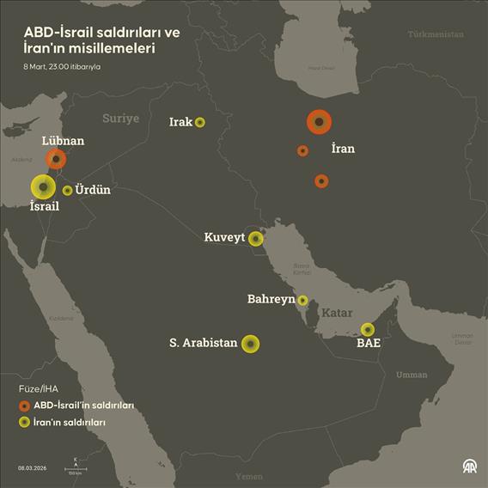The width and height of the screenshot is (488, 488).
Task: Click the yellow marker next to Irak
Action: (200, 122)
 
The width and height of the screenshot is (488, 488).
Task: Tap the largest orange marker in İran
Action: (319, 123)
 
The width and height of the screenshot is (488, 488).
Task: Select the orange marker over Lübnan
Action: (57, 159)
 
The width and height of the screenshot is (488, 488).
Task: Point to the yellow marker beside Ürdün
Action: (67, 191)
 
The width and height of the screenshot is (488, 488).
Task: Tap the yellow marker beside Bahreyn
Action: (302, 301)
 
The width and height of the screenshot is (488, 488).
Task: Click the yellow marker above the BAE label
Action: (368, 329)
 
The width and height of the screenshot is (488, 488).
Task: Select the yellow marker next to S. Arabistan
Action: (249, 344)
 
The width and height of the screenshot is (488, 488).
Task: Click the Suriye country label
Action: (120, 119)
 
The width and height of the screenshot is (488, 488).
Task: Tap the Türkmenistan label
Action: (436, 34)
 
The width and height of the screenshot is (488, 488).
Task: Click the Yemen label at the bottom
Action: (249, 476)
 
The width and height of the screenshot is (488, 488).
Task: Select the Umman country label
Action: (412, 375)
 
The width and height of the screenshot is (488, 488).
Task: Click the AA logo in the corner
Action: (470, 467)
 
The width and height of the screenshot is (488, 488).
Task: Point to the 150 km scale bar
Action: (76, 467)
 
